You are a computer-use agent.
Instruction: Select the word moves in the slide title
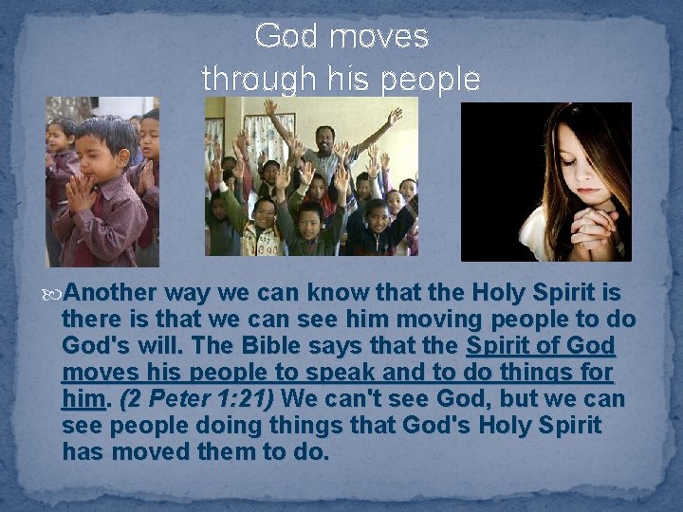[x=379, y=37]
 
